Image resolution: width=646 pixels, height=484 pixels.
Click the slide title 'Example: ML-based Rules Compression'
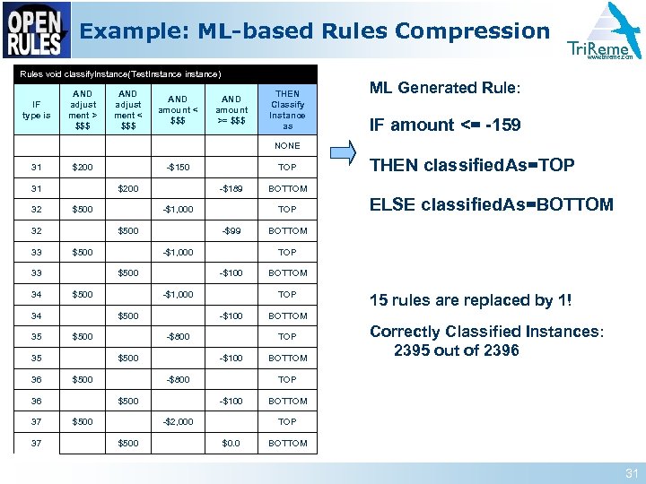click(x=315, y=31)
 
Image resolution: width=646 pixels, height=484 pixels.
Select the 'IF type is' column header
click(x=36, y=109)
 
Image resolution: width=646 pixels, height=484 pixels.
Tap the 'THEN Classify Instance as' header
click(x=287, y=109)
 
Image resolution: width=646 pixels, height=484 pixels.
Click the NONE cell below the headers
click(x=287, y=145)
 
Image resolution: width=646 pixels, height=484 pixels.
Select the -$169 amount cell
click(x=231, y=188)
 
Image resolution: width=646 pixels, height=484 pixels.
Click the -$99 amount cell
click(x=231, y=230)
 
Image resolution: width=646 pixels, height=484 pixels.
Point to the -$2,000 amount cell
click(x=178, y=421)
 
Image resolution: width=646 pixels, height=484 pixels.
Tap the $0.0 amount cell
click(x=231, y=443)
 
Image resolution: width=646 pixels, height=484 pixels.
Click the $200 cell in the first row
click(x=83, y=167)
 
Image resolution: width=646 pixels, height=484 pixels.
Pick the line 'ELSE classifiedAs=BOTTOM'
click(x=492, y=204)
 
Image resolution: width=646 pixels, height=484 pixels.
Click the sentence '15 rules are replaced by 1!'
click(x=471, y=300)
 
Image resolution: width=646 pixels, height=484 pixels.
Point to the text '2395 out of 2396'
click(x=457, y=350)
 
